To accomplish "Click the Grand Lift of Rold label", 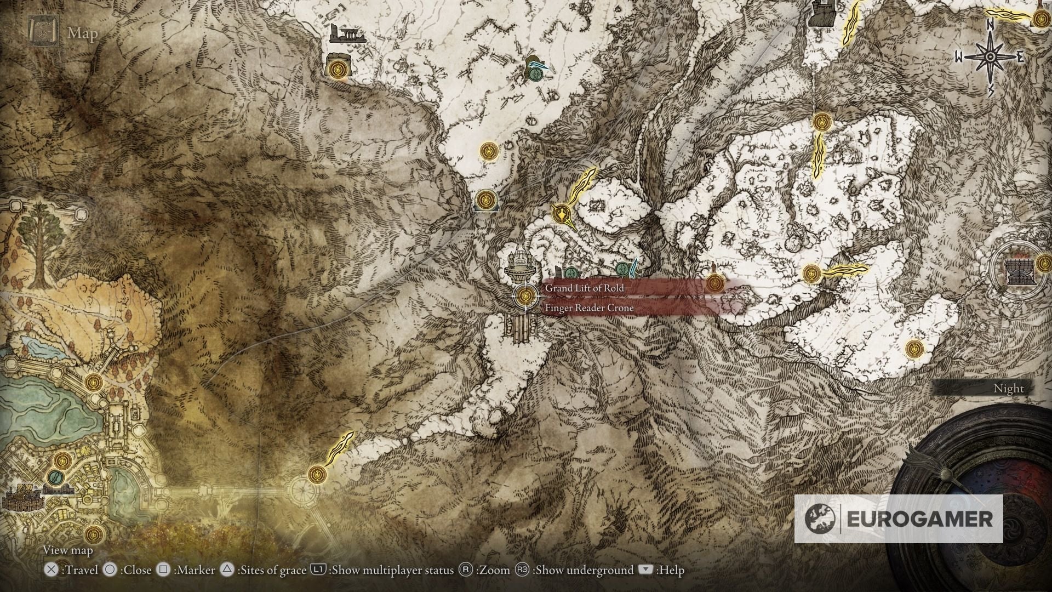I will coord(584,288).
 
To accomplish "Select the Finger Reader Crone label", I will coord(589,308).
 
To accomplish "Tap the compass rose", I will coord(991,57).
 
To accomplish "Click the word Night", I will coord(1008,388).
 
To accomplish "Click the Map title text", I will coord(83,33).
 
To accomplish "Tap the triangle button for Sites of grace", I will coord(227,570).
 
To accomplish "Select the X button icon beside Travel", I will coord(51,570).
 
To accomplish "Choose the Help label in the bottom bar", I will coord(672,570).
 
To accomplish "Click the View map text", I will coord(68,550).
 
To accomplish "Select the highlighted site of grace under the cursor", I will coord(525,297).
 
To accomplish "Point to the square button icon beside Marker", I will coord(163,570).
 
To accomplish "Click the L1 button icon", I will coord(318,570).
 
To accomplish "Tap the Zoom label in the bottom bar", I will coord(493,570).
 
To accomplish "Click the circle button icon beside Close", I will coord(110,570).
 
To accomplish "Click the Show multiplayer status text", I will coord(392,570).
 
